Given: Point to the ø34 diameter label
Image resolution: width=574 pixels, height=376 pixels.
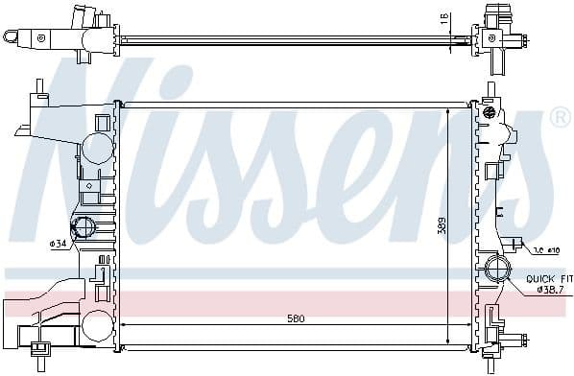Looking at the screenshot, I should click(x=57, y=244).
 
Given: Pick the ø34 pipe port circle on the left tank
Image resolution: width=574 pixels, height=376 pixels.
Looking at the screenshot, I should click(x=84, y=228).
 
